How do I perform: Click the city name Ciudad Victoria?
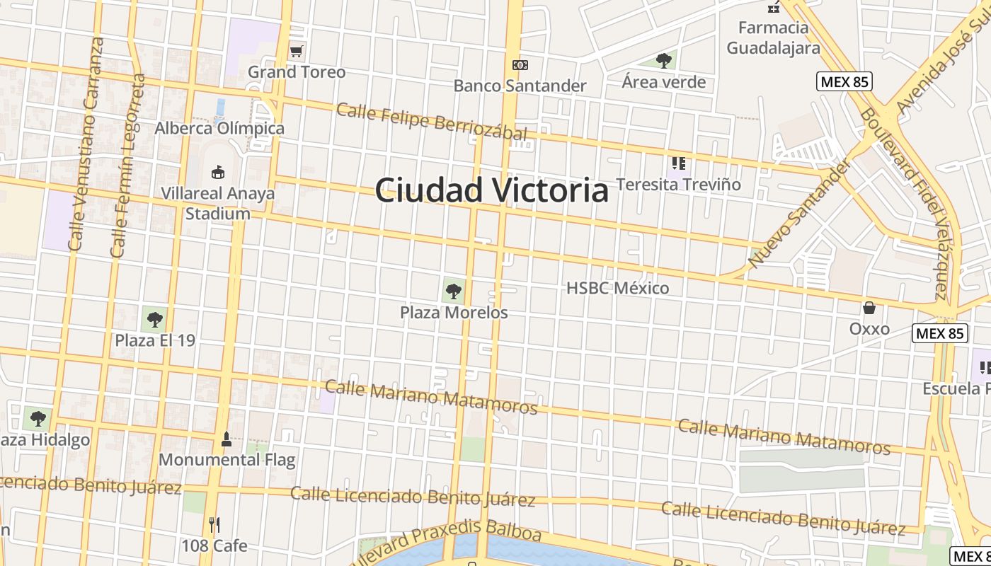point(491,190)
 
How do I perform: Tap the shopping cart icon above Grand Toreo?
point(297,51)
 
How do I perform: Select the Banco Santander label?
point(520,86)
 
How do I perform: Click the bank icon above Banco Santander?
point(520,65)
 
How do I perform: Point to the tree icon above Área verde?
point(663,60)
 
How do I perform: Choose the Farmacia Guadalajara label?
point(773,37)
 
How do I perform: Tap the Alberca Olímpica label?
point(219,128)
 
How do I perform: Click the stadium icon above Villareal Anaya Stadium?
point(217,172)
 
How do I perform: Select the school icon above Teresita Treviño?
point(679,164)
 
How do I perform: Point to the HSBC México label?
point(617,288)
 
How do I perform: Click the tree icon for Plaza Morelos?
point(453,291)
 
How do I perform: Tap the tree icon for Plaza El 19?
point(154,319)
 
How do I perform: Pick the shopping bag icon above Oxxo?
point(869,308)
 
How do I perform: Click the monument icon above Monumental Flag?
point(227,439)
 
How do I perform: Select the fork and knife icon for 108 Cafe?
point(214,525)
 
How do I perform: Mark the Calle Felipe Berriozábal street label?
point(432,122)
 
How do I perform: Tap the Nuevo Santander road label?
point(798,214)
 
